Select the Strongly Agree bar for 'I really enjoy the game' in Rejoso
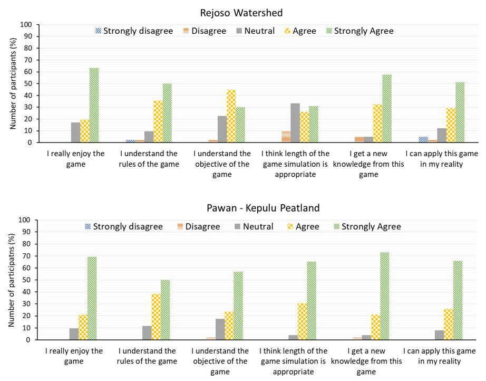pyautogui.click(x=94, y=105)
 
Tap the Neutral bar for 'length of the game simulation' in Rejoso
pyautogui.click(x=295, y=123)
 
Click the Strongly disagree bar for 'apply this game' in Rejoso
pyautogui.click(x=423, y=139)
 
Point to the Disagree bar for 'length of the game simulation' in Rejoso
pyautogui.click(x=286, y=137)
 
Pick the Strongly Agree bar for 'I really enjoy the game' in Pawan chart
pyautogui.click(x=92, y=299)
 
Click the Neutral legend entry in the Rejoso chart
pyautogui.click(x=255, y=31)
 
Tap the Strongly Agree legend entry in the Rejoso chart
pyautogui.click(x=358, y=31)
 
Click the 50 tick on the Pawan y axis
pyautogui.click(x=26, y=280)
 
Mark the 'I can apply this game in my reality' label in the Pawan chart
pyautogui.click(x=440, y=356)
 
